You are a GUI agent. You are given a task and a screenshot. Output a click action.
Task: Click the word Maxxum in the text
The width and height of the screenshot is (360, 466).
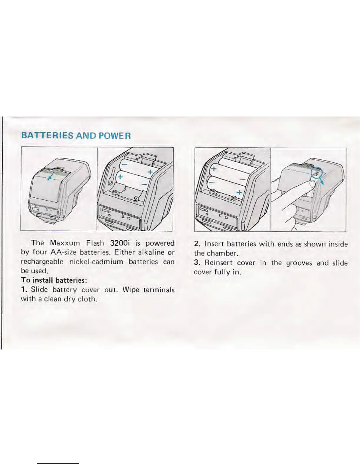pos(65,243)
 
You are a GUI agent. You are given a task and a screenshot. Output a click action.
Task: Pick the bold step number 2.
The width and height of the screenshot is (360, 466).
pos(197,244)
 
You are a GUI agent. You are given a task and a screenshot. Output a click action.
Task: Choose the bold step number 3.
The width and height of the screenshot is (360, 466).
pos(197,263)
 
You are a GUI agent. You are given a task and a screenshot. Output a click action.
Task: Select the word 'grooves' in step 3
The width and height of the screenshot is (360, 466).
pos(299,263)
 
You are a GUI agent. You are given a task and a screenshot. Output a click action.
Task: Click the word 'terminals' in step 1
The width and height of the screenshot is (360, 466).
pos(159,289)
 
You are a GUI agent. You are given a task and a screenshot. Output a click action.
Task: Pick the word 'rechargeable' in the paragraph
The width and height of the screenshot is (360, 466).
pos(42,262)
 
